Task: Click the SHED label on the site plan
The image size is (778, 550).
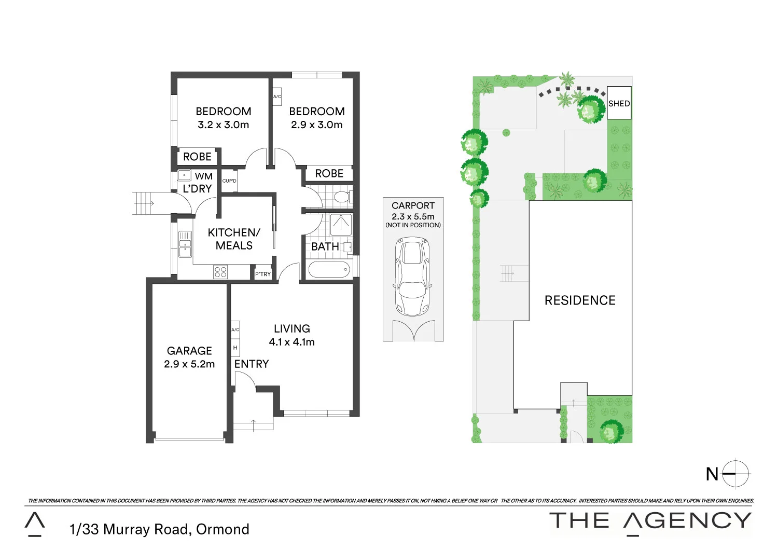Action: (x=619, y=103)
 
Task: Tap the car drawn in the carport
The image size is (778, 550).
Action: (x=413, y=276)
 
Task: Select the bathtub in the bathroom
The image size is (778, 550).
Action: (x=329, y=270)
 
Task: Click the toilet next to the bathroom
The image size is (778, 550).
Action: (x=341, y=197)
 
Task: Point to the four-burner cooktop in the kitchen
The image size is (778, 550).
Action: (x=220, y=272)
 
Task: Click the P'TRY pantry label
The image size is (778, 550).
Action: (x=263, y=273)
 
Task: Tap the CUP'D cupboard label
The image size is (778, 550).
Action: (x=229, y=181)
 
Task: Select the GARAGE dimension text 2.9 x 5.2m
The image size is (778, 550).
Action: (x=189, y=364)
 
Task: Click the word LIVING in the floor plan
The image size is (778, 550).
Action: (x=292, y=328)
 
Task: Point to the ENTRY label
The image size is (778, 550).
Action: (x=252, y=364)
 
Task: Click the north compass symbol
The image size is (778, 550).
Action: (x=735, y=473)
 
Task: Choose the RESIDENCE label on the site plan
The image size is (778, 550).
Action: (x=580, y=300)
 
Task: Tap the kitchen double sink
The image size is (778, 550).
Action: (x=185, y=244)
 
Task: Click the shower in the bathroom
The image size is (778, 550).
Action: (x=341, y=224)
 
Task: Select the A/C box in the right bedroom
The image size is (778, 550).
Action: (x=277, y=97)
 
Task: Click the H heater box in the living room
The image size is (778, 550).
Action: (x=235, y=348)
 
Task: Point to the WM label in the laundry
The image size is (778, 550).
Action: (x=203, y=176)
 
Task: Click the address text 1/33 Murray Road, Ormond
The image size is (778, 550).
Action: (x=159, y=529)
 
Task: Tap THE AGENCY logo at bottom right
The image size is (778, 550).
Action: (x=650, y=520)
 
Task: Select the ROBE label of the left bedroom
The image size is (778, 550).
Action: (x=197, y=157)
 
